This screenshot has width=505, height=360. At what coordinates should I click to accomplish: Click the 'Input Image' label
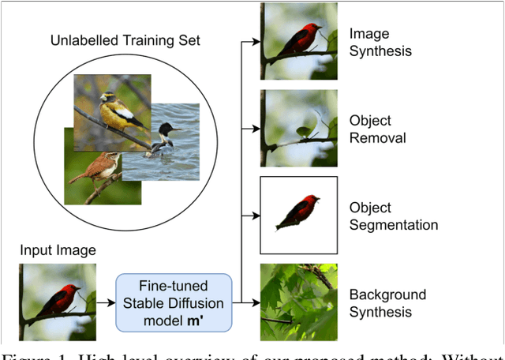[58, 250]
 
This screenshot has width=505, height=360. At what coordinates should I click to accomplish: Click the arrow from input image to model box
[106, 302]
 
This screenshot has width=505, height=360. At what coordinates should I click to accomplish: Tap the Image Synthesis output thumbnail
[299, 41]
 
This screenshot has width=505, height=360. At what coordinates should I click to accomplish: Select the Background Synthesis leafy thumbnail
[299, 302]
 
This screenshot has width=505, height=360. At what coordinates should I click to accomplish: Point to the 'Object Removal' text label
[377, 129]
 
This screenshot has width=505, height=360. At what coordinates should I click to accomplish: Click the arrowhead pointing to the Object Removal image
[255, 127]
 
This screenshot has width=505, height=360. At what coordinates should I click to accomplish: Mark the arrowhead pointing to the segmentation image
[255, 214]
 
